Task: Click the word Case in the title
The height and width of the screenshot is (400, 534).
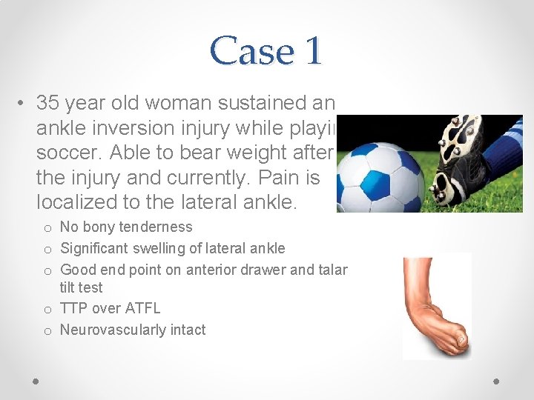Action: pyautogui.click(x=243, y=50)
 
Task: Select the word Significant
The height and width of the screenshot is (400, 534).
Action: pyautogui.click(x=94, y=248)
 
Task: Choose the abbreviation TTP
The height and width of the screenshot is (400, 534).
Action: pyautogui.click(x=73, y=308)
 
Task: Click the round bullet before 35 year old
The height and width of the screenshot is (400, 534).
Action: pyautogui.click(x=24, y=102)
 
